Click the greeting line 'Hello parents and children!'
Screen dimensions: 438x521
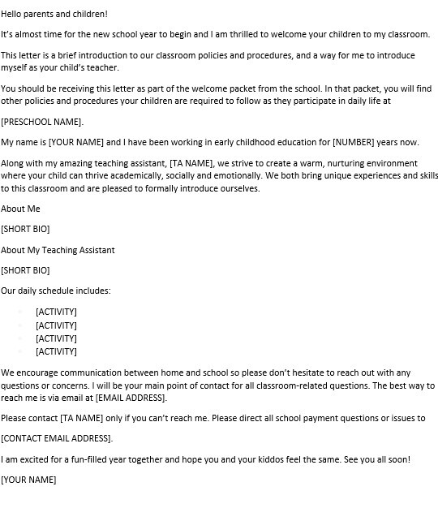point(54,15)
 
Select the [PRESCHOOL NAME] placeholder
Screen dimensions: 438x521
point(42,122)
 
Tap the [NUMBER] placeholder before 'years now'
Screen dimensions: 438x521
point(359,142)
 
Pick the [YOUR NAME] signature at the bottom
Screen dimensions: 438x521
point(28,480)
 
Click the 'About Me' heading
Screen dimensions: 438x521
point(20,209)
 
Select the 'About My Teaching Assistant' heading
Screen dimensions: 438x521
point(58,250)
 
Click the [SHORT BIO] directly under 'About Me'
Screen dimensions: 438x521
point(25,230)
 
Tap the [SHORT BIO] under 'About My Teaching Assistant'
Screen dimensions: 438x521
point(25,270)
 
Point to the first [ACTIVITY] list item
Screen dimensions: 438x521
point(56,312)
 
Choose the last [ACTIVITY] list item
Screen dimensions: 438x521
point(56,351)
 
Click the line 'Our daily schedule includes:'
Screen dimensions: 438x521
point(56,291)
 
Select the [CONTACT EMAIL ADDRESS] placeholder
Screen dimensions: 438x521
point(57,438)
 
